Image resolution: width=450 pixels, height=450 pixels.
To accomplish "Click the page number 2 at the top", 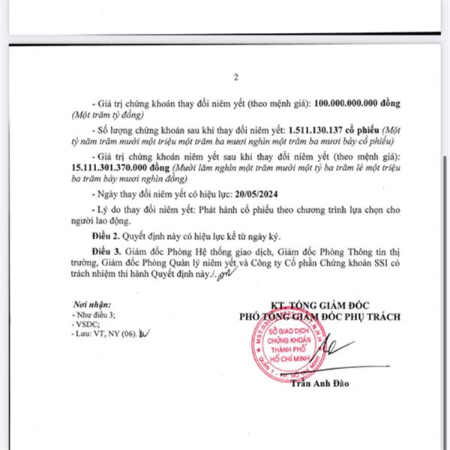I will coord(235,77).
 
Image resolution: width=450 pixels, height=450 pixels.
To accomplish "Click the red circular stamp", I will coord(289,352).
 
